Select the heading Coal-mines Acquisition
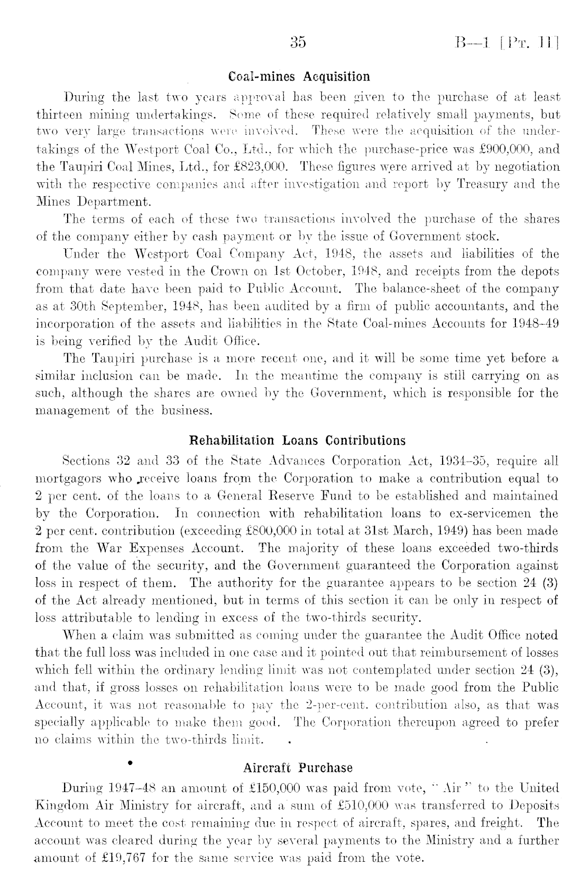coord(299,77)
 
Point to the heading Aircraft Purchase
coord(298,768)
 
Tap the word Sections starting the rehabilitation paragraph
coord(84,461)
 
